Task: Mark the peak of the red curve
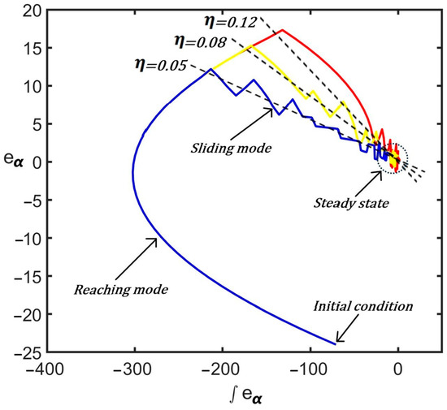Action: click(x=282, y=30)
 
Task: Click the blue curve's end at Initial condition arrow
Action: click(x=334, y=344)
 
